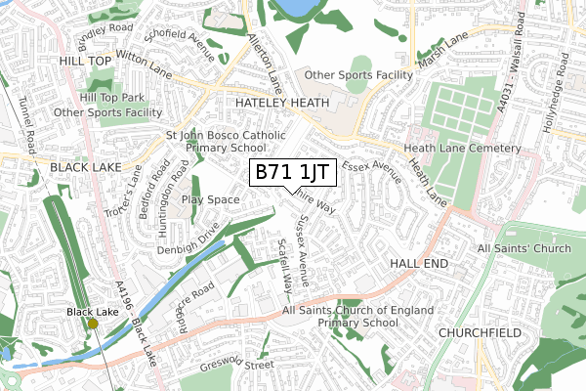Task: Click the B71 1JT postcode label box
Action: [x=295, y=173]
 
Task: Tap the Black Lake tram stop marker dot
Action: [x=93, y=324]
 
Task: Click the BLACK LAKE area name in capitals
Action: [x=86, y=167]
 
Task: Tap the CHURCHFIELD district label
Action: [x=480, y=332]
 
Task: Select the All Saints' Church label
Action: [x=524, y=249]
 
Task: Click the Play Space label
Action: [x=210, y=199]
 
